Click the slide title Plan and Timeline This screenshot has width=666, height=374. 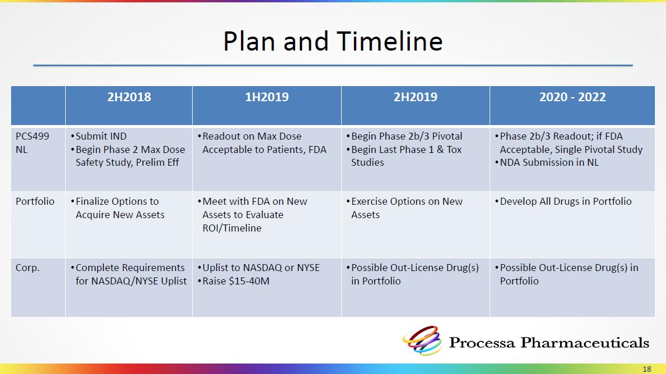[x=332, y=41]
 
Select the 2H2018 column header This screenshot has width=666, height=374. [x=129, y=97]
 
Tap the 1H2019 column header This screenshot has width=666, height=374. [x=267, y=97]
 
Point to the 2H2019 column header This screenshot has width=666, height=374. [x=416, y=97]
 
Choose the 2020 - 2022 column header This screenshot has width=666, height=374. [x=572, y=97]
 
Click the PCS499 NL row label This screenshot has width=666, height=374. [x=32, y=143]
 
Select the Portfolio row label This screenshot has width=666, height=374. [x=35, y=201]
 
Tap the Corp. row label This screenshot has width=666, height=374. [x=27, y=268]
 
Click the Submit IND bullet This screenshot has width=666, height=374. [x=98, y=136]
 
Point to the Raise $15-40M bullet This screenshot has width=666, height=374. [x=233, y=281]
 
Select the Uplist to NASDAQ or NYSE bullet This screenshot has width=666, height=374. [x=258, y=268]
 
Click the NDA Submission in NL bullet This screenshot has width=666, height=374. [x=547, y=163]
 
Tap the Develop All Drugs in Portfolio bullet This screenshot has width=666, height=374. [x=563, y=201]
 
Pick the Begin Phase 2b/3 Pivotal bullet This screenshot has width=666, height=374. [x=405, y=136]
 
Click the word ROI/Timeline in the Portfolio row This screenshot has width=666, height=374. [x=232, y=228]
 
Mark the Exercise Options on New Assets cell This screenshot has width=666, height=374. [x=405, y=208]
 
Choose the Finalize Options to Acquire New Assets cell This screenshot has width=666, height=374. [x=117, y=208]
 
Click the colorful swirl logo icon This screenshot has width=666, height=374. [x=423, y=340]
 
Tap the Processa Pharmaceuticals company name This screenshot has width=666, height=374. [x=549, y=343]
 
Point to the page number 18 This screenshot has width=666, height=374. [x=647, y=369]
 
